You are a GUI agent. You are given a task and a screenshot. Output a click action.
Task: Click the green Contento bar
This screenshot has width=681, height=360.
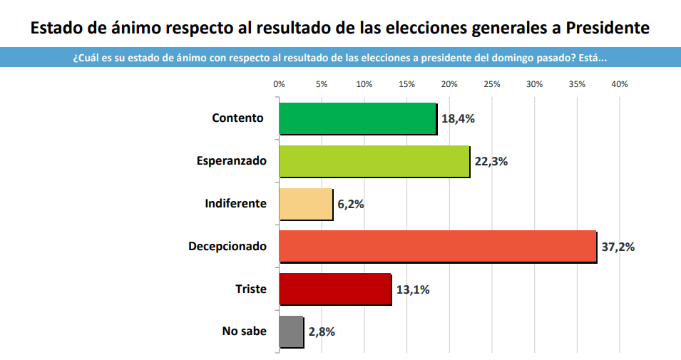357,118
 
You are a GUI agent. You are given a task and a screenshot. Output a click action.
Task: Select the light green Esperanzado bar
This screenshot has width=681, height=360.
374,161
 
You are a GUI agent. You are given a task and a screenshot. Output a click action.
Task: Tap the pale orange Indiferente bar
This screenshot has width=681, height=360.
305,204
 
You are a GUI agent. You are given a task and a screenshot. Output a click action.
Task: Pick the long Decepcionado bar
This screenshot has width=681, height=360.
437,247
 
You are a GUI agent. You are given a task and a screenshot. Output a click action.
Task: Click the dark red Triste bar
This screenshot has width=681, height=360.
334,289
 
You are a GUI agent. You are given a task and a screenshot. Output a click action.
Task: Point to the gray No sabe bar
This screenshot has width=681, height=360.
291,331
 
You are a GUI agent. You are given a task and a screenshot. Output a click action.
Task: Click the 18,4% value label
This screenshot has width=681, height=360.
458,118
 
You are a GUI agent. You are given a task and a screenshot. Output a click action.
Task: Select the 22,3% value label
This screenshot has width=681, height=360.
491,161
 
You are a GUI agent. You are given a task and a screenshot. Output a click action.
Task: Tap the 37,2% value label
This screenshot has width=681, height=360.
618,247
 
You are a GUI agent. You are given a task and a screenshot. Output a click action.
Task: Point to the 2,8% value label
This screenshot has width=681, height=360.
322,331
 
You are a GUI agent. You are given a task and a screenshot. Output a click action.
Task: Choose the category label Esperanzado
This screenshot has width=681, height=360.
231,161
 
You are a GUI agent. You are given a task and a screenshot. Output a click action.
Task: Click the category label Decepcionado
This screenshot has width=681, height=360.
227,247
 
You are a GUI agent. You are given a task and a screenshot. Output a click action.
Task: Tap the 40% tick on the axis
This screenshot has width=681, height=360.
619,84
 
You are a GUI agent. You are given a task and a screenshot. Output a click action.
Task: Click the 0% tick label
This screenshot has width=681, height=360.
279,84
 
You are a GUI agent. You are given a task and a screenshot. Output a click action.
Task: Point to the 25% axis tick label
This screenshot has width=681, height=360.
491,84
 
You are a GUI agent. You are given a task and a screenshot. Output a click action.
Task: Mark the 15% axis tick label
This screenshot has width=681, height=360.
406,84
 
